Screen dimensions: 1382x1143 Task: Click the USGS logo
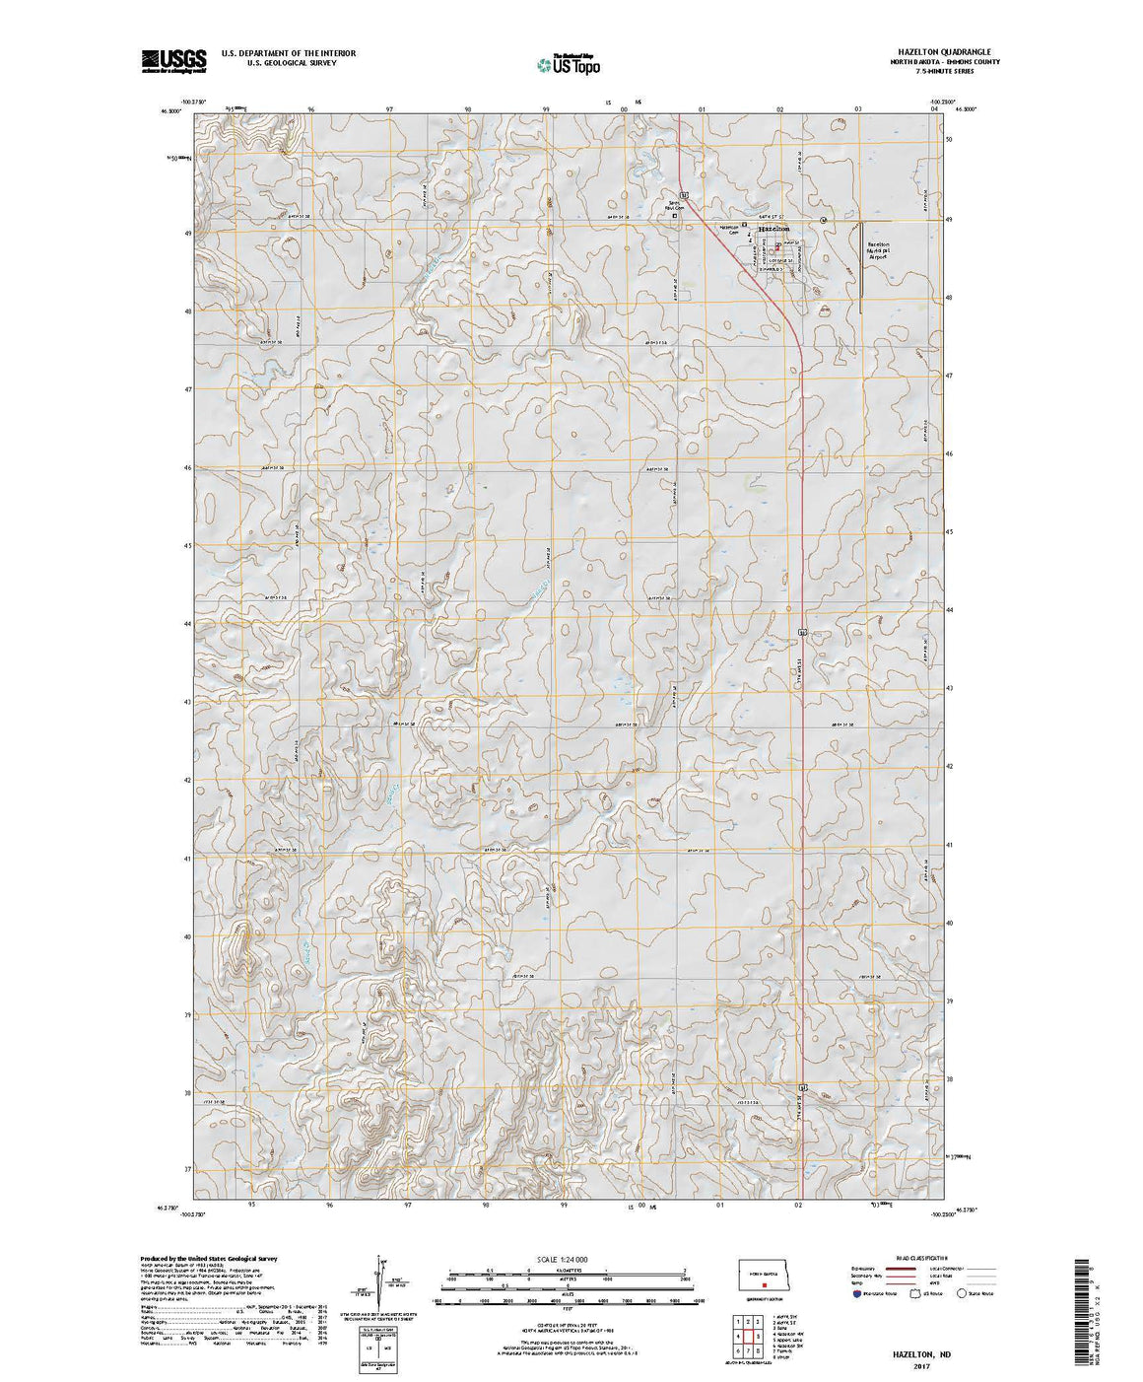[x=173, y=60]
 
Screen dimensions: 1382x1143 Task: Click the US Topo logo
[x=569, y=64]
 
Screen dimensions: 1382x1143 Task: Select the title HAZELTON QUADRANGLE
[x=952, y=52]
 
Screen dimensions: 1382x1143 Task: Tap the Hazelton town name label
[x=775, y=229]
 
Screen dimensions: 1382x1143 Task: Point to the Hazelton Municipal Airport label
[x=878, y=250]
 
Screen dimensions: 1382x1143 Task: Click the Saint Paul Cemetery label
[x=673, y=206]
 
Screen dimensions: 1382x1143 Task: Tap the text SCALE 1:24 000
[x=565, y=1260]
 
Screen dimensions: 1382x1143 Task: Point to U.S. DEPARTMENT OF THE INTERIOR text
[x=289, y=53]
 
